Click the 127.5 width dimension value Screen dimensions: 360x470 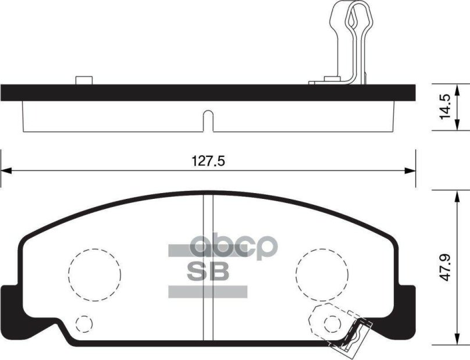(x=208, y=162)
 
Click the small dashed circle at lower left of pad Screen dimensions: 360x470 (x=84, y=323)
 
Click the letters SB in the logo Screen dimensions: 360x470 (x=208, y=272)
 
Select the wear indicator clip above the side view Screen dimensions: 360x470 (x=348, y=41)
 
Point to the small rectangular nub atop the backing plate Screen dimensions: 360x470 (x=84, y=80)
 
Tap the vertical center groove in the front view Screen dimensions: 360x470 (x=208, y=268)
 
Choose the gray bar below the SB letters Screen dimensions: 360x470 (x=208, y=292)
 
